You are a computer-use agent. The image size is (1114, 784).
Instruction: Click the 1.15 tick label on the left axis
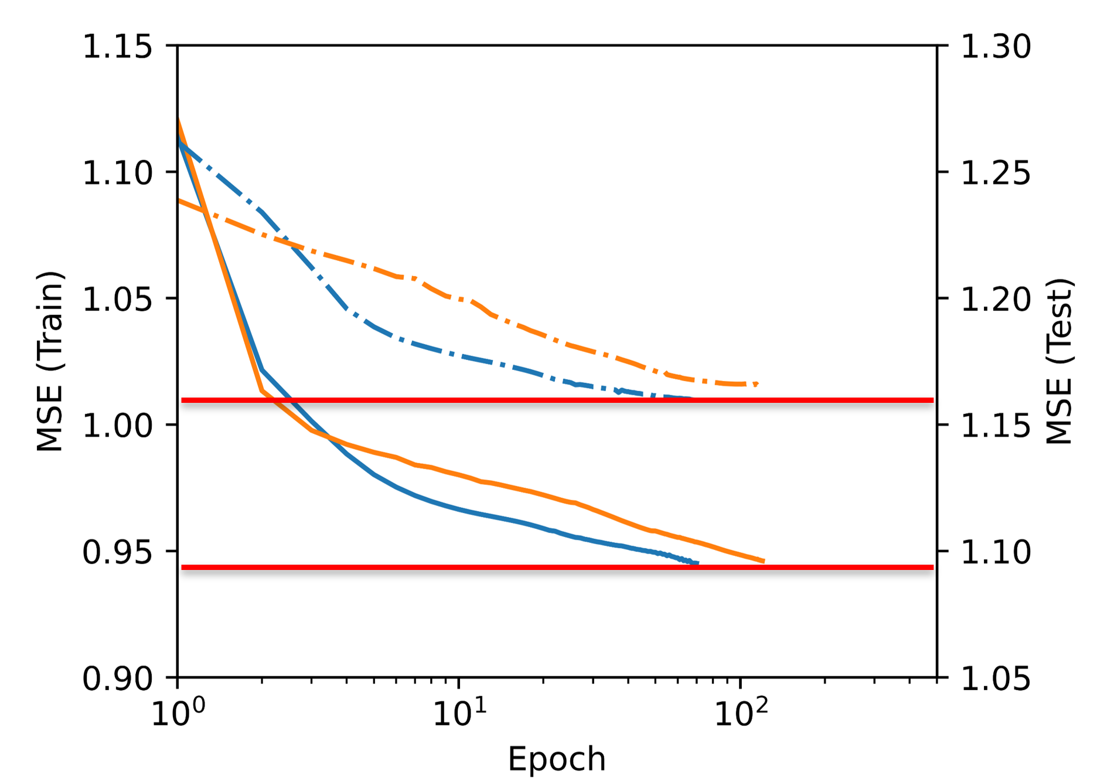click(x=117, y=46)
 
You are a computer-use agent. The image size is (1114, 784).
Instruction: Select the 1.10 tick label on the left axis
click(x=117, y=173)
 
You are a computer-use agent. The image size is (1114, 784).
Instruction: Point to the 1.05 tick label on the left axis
click(x=117, y=300)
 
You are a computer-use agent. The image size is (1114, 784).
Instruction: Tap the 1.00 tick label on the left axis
click(x=117, y=426)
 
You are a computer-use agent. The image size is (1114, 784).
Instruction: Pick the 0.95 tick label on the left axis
click(x=117, y=552)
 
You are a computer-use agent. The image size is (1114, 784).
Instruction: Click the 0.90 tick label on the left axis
click(x=117, y=679)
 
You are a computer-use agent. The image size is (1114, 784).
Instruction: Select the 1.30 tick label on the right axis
click(x=996, y=46)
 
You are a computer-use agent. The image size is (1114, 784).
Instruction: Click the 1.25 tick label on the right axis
click(x=996, y=173)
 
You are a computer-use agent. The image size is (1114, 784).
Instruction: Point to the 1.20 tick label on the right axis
click(x=996, y=300)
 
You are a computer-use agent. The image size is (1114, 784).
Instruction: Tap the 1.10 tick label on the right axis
click(x=996, y=552)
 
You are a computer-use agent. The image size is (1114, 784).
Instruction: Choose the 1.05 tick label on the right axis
click(x=996, y=679)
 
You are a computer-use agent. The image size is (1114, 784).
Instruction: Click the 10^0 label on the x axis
click(x=178, y=712)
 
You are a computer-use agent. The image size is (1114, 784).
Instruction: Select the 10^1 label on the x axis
click(x=459, y=712)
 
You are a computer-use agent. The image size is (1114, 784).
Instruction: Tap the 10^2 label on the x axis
click(x=741, y=712)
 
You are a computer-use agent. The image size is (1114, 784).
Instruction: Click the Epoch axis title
click(x=556, y=759)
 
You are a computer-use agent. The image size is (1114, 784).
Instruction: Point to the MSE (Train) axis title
click(x=49, y=361)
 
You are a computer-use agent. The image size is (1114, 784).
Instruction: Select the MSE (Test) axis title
click(x=1060, y=361)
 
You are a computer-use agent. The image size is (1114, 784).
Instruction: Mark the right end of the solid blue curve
click(x=697, y=564)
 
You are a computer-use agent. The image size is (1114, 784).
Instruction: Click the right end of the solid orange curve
click(x=764, y=561)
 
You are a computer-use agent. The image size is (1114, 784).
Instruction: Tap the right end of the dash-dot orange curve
click(x=757, y=383)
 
